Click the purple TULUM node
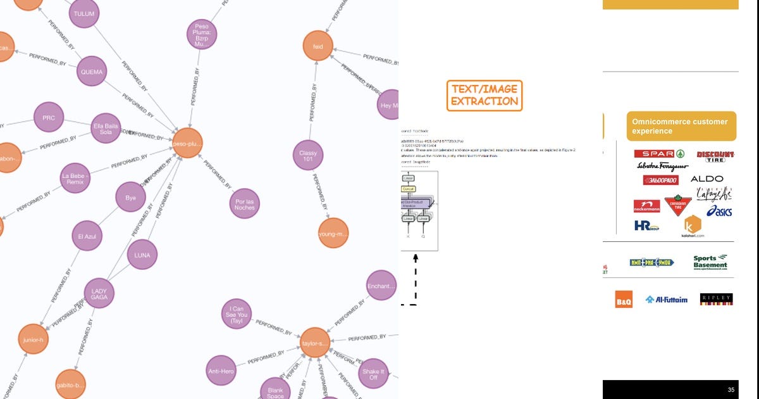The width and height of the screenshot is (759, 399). tap(85, 13)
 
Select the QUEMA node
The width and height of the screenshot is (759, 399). tap(92, 72)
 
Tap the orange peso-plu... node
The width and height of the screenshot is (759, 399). tap(187, 144)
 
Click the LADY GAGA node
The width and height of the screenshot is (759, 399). tap(99, 294)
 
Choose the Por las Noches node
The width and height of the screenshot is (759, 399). tap(245, 203)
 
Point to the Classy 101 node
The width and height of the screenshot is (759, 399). tap(308, 156)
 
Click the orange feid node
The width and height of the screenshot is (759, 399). tap(318, 46)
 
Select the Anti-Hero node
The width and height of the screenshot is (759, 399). tap(221, 370)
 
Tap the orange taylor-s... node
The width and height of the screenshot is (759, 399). tap(314, 343)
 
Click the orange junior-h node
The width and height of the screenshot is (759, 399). tap(32, 339)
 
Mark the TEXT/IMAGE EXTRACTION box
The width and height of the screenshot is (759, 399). tap(484, 96)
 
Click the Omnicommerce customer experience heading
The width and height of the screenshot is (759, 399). tap(681, 126)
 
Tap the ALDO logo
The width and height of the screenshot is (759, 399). tap(707, 179)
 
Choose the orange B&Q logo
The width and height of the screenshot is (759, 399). tap(624, 300)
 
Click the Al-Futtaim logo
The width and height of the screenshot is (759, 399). tap(666, 300)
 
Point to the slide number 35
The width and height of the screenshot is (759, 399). tap(731, 390)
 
